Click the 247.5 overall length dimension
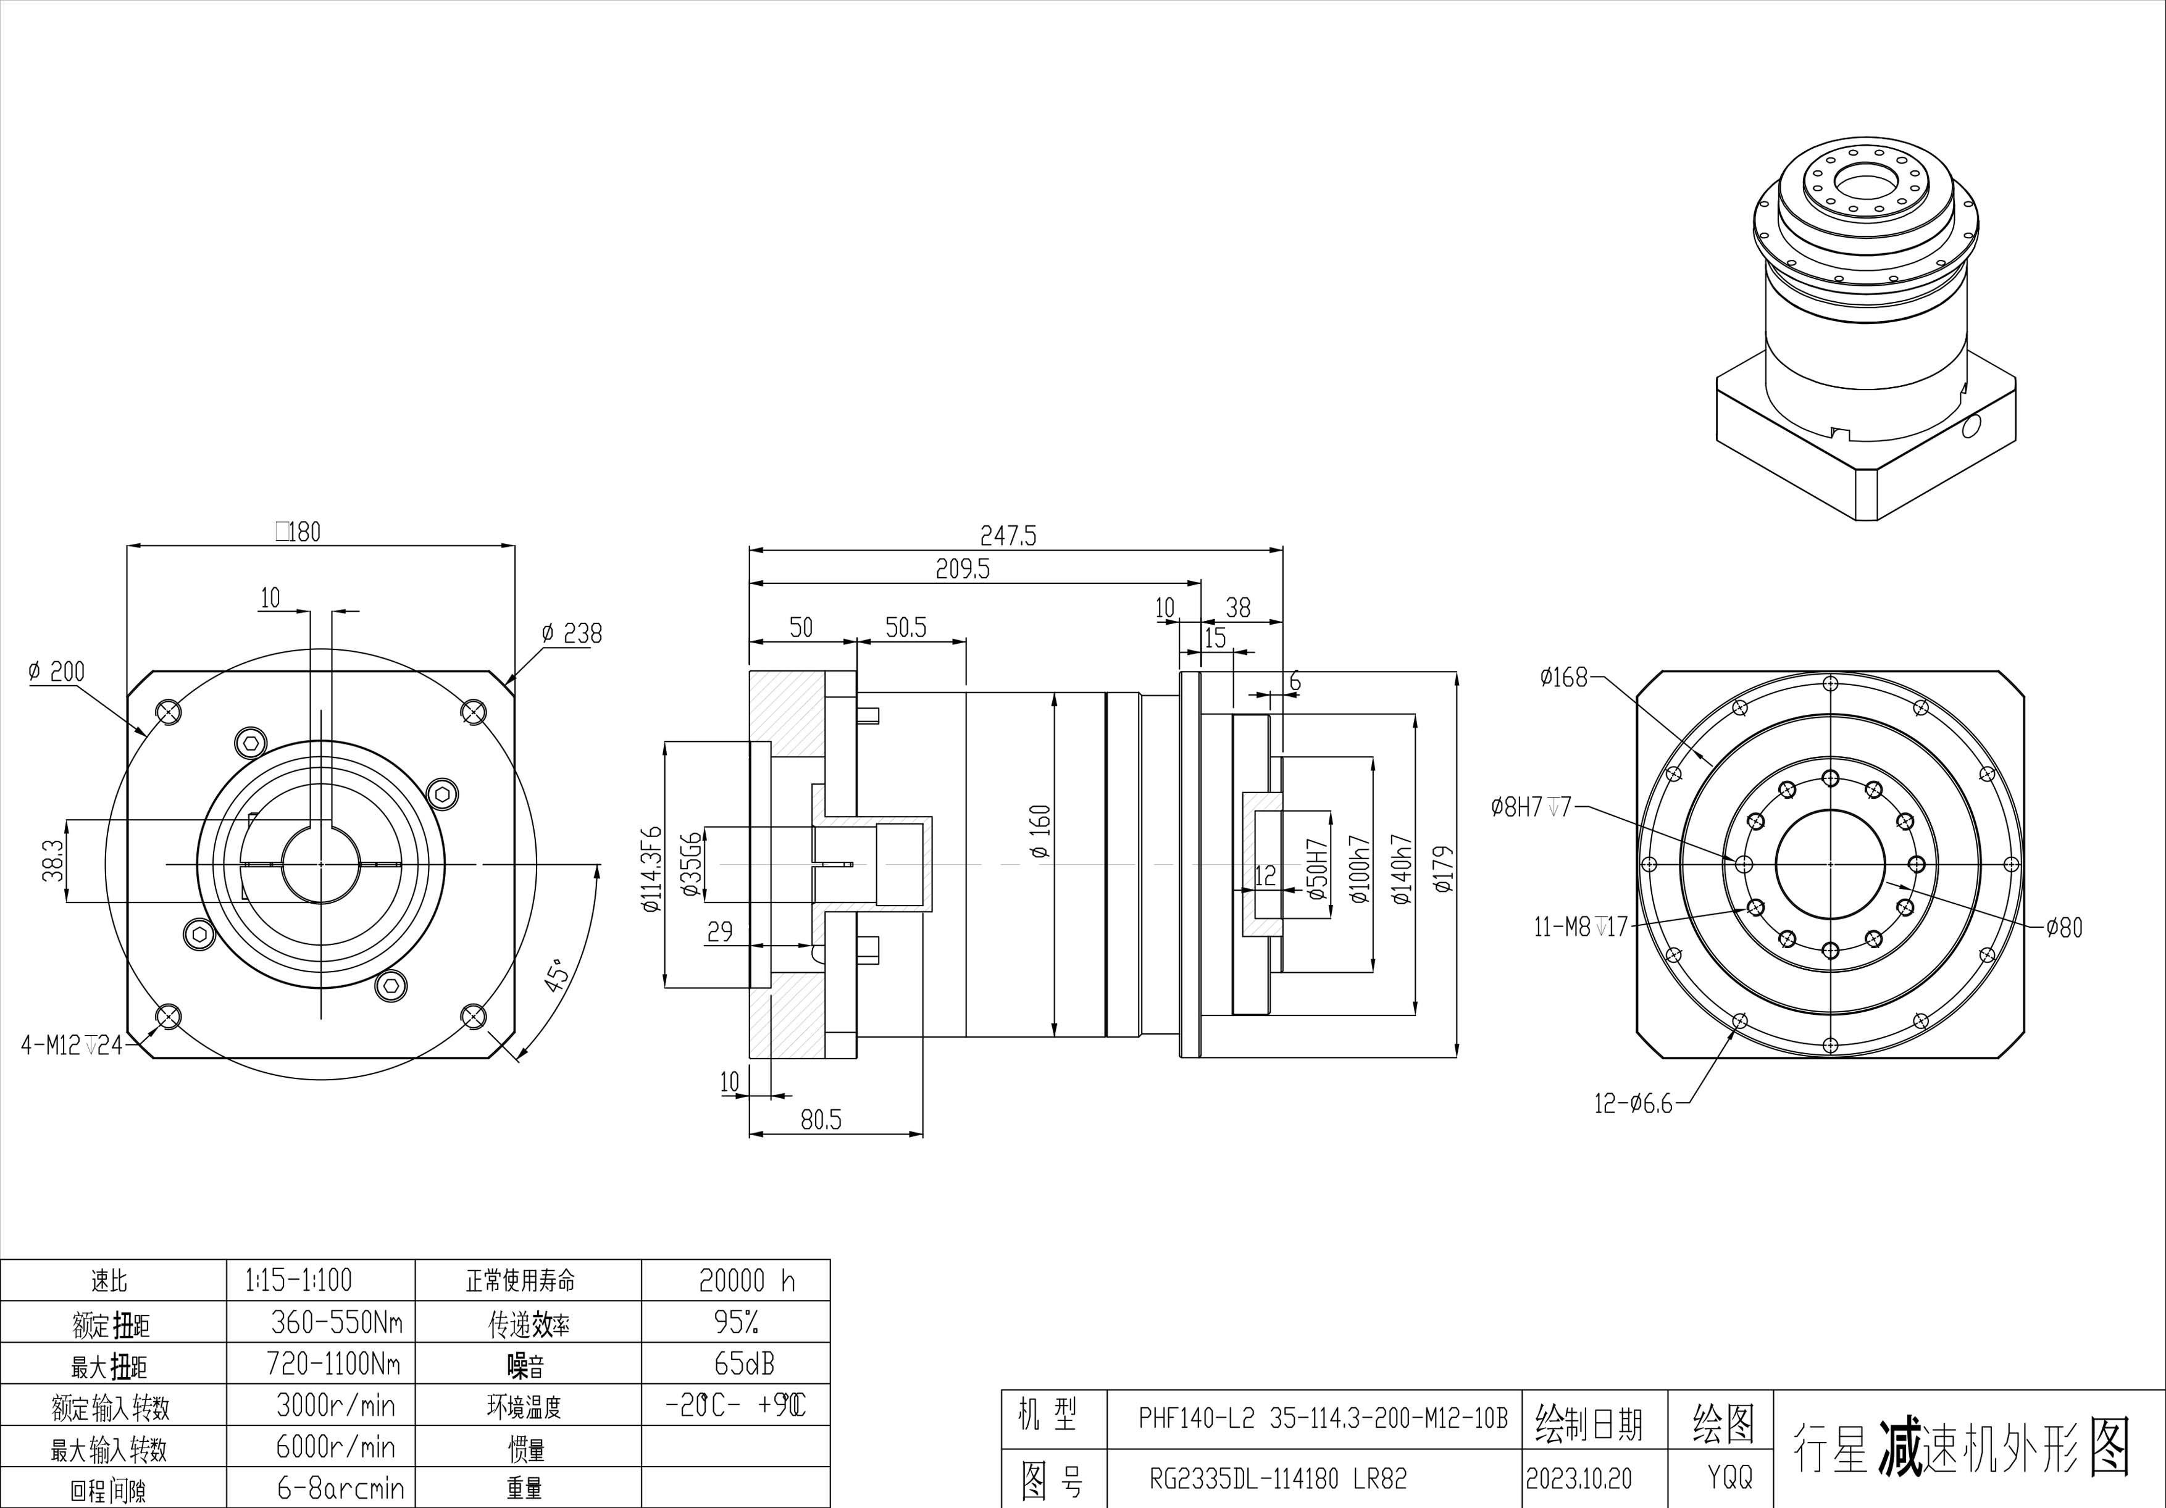click(x=1008, y=536)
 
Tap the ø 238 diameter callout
click(x=572, y=634)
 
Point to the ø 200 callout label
click(x=56, y=672)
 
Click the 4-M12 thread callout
click(x=72, y=1045)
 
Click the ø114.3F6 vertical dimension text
click(x=652, y=870)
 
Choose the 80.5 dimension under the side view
click(x=821, y=1120)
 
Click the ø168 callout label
click(x=1563, y=677)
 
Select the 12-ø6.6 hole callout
click(x=1633, y=1104)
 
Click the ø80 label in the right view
click(x=2064, y=928)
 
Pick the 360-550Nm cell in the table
click(x=336, y=1322)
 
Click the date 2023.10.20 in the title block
click(x=1578, y=1478)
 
